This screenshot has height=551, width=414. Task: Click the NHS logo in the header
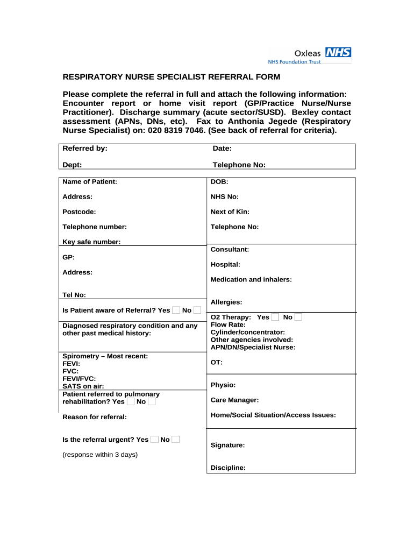coord(339,53)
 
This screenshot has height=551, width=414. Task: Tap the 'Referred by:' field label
coord(85,149)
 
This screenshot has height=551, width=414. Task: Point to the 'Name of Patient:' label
coord(89,182)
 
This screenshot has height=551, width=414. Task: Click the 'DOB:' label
coord(219,182)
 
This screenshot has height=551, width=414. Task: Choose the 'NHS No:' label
coord(225,197)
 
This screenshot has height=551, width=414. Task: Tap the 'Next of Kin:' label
coord(230,212)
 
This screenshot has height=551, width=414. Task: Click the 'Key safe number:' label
coord(91,242)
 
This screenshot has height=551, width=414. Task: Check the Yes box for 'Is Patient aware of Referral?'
coord(176,310)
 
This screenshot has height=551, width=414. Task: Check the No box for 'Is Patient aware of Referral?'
coord(197,310)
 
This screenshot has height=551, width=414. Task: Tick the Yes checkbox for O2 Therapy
coord(275,317)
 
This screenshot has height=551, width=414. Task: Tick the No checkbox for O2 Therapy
coord(298,317)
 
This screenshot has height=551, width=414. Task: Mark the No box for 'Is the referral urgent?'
coord(175,440)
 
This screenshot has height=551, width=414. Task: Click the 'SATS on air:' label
coord(83,386)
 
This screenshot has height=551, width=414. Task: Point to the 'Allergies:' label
coord(226,302)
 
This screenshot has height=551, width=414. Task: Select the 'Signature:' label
coord(227,446)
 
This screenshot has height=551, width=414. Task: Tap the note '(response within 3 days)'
coord(100,455)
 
